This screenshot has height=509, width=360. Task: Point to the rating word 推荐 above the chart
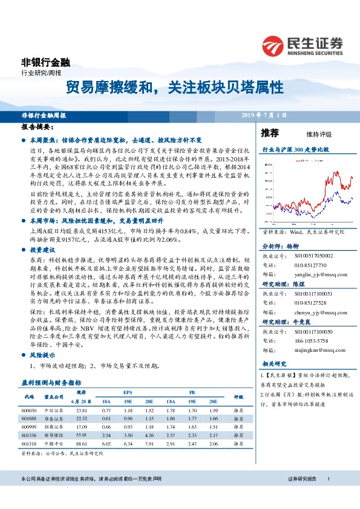tap(270, 133)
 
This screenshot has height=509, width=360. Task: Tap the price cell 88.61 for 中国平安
tap(83, 443)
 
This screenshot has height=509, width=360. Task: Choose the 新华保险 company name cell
tap(53, 435)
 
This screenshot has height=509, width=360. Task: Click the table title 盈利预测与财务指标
tap(51, 383)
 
